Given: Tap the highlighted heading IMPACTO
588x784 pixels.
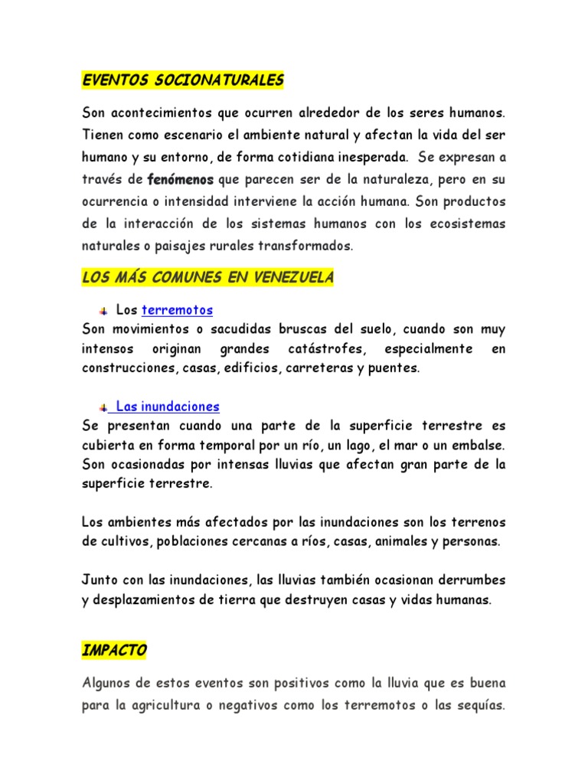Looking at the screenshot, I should click(x=114, y=650).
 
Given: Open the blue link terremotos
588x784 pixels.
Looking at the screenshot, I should click(x=178, y=310).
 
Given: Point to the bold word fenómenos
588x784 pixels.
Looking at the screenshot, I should click(x=181, y=180).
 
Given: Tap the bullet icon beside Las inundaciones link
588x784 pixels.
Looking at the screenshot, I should click(x=103, y=407).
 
